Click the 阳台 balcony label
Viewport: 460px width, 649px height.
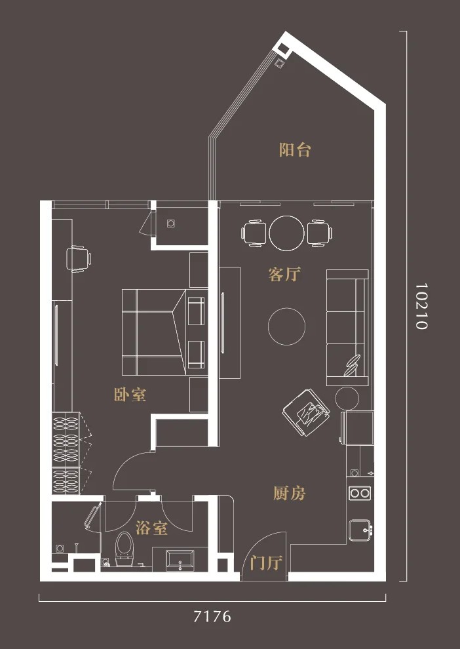tap(294, 149)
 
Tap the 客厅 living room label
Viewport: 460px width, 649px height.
tap(284, 275)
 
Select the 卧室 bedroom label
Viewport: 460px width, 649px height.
tap(130, 395)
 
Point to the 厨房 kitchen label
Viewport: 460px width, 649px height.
tap(289, 494)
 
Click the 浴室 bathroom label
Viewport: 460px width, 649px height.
tap(151, 528)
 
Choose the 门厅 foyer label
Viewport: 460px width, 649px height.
tap(266, 563)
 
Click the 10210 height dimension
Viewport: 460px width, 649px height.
tap(421, 306)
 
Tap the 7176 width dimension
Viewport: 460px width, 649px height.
tap(212, 617)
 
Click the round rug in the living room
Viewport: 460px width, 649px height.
tap(286, 326)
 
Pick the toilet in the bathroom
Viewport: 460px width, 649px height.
tap(124, 549)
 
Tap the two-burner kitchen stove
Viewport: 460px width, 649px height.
tap(360, 493)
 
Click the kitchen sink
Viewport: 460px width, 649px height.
tap(360, 530)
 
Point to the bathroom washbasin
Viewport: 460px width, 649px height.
tap(180, 560)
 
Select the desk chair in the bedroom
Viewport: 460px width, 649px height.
tap(79, 259)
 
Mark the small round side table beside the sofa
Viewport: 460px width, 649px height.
tap(347, 399)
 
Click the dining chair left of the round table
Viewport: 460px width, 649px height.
tap(254, 233)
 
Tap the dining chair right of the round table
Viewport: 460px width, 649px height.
tap(320, 233)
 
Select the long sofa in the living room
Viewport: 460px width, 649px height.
tap(347, 327)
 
